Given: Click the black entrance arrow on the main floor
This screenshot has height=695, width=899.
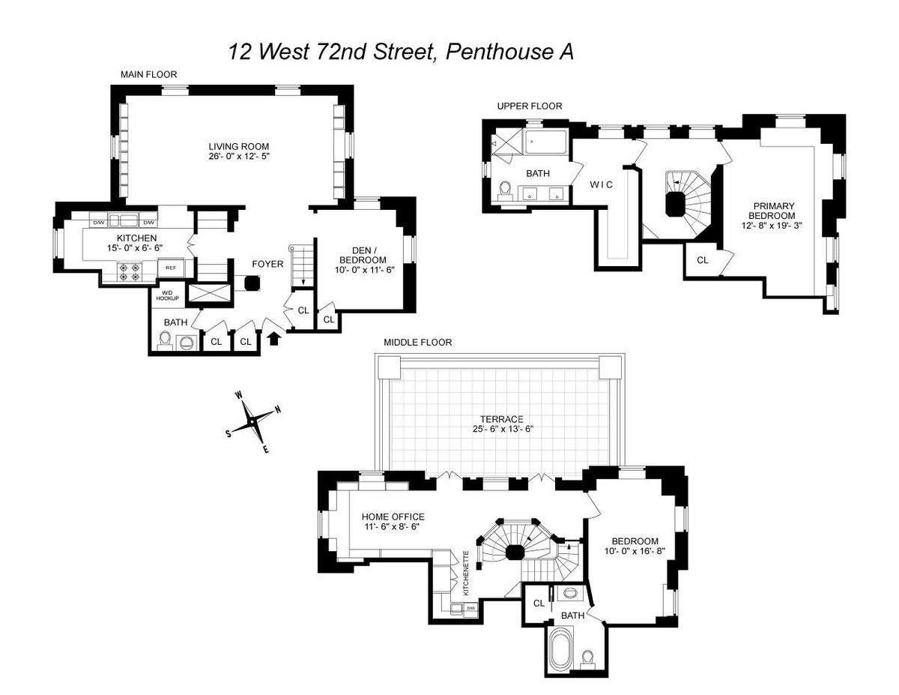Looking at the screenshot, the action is [275, 339].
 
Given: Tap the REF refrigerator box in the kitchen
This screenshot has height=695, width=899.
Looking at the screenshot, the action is [171, 268].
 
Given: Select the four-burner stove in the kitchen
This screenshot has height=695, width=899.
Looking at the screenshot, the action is [129, 272].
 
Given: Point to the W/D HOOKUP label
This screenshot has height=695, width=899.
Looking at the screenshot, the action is [167, 295].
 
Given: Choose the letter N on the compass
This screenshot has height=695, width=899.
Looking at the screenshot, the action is [278, 409].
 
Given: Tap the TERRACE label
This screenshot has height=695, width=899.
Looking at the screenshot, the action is [502, 419].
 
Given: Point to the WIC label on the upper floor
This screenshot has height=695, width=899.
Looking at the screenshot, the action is [601, 184].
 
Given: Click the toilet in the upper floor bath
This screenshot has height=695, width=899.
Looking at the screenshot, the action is [505, 191].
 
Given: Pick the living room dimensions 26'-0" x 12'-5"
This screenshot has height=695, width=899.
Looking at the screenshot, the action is [239, 156].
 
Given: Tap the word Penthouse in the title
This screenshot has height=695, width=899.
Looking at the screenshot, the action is [500, 52].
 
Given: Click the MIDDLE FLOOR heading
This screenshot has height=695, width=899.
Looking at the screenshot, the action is [418, 343].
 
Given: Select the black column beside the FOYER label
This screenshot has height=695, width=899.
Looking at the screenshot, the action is [252, 283].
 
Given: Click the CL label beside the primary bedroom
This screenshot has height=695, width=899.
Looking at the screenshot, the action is [703, 260].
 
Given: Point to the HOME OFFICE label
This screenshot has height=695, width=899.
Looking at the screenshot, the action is [393, 517].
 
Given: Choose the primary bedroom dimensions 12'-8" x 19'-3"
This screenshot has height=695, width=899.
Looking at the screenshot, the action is [772, 226].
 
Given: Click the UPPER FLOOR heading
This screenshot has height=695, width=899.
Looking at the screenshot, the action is [530, 106].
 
